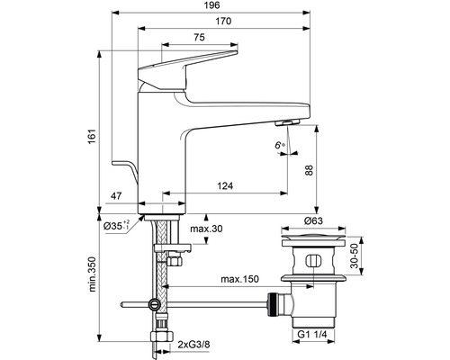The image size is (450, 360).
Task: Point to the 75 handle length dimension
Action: [196, 39]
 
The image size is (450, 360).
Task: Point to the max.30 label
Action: [207, 230]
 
